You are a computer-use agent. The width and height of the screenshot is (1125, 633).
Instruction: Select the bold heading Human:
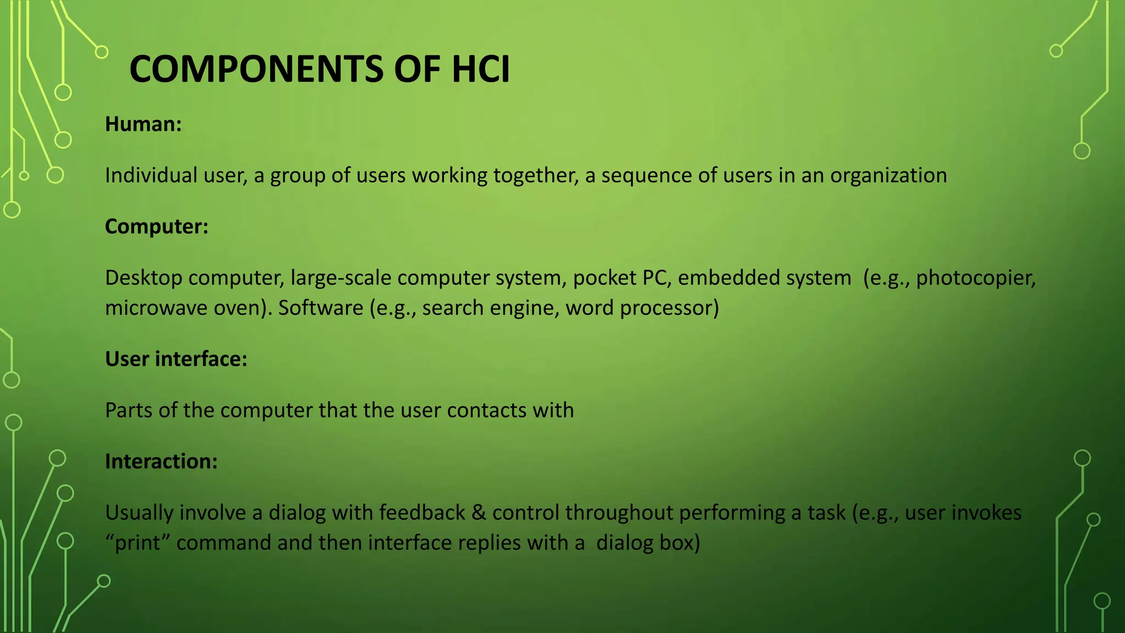pyautogui.click(x=143, y=124)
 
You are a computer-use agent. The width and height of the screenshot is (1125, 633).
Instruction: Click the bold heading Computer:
pyautogui.click(x=157, y=226)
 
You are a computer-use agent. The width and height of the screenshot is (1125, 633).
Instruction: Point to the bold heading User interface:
pyautogui.click(x=176, y=359)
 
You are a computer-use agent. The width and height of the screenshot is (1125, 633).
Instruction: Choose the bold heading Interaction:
pyautogui.click(x=161, y=461)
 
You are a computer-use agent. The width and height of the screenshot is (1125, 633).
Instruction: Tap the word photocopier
pyautogui.click(x=976, y=278)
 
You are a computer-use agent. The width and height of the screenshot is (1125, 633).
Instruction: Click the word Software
pyautogui.click(x=320, y=308)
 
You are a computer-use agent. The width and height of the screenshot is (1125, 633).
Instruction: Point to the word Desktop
pyautogui.click(x=143, y=278)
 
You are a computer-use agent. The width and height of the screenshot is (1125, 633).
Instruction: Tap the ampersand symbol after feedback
pyautogui.click(x=478, y=513)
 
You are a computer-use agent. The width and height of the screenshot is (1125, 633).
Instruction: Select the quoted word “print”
pyautogui.click(x=137, y=543)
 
